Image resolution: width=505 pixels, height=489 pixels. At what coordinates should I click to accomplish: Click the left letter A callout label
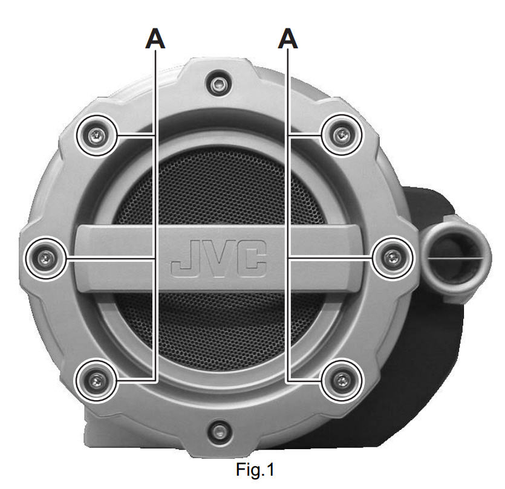[155, 39]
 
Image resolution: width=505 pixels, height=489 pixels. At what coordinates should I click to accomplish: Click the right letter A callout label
[288, 39]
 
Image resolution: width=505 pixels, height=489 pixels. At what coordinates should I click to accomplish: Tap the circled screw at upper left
[96, 136]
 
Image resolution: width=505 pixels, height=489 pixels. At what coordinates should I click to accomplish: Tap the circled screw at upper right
[342, 135]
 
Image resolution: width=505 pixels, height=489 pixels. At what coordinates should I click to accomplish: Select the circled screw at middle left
[46, 258]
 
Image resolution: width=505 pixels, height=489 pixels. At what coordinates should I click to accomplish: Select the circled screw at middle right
[393, 258]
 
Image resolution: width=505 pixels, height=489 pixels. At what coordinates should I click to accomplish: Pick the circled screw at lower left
[96, 381]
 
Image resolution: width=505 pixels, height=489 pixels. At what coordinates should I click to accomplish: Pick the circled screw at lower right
[342, 380]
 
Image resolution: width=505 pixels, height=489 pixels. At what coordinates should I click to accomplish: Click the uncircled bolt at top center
[219, 85]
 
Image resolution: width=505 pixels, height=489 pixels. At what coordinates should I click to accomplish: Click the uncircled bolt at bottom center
[220, 430]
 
